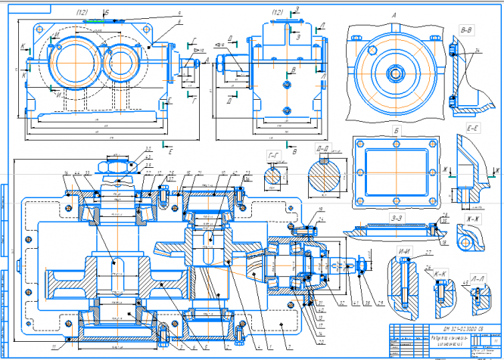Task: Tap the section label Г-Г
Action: coord(275,157)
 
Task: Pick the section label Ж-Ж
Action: coord(474,220)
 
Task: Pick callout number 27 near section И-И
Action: coord(428,251)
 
